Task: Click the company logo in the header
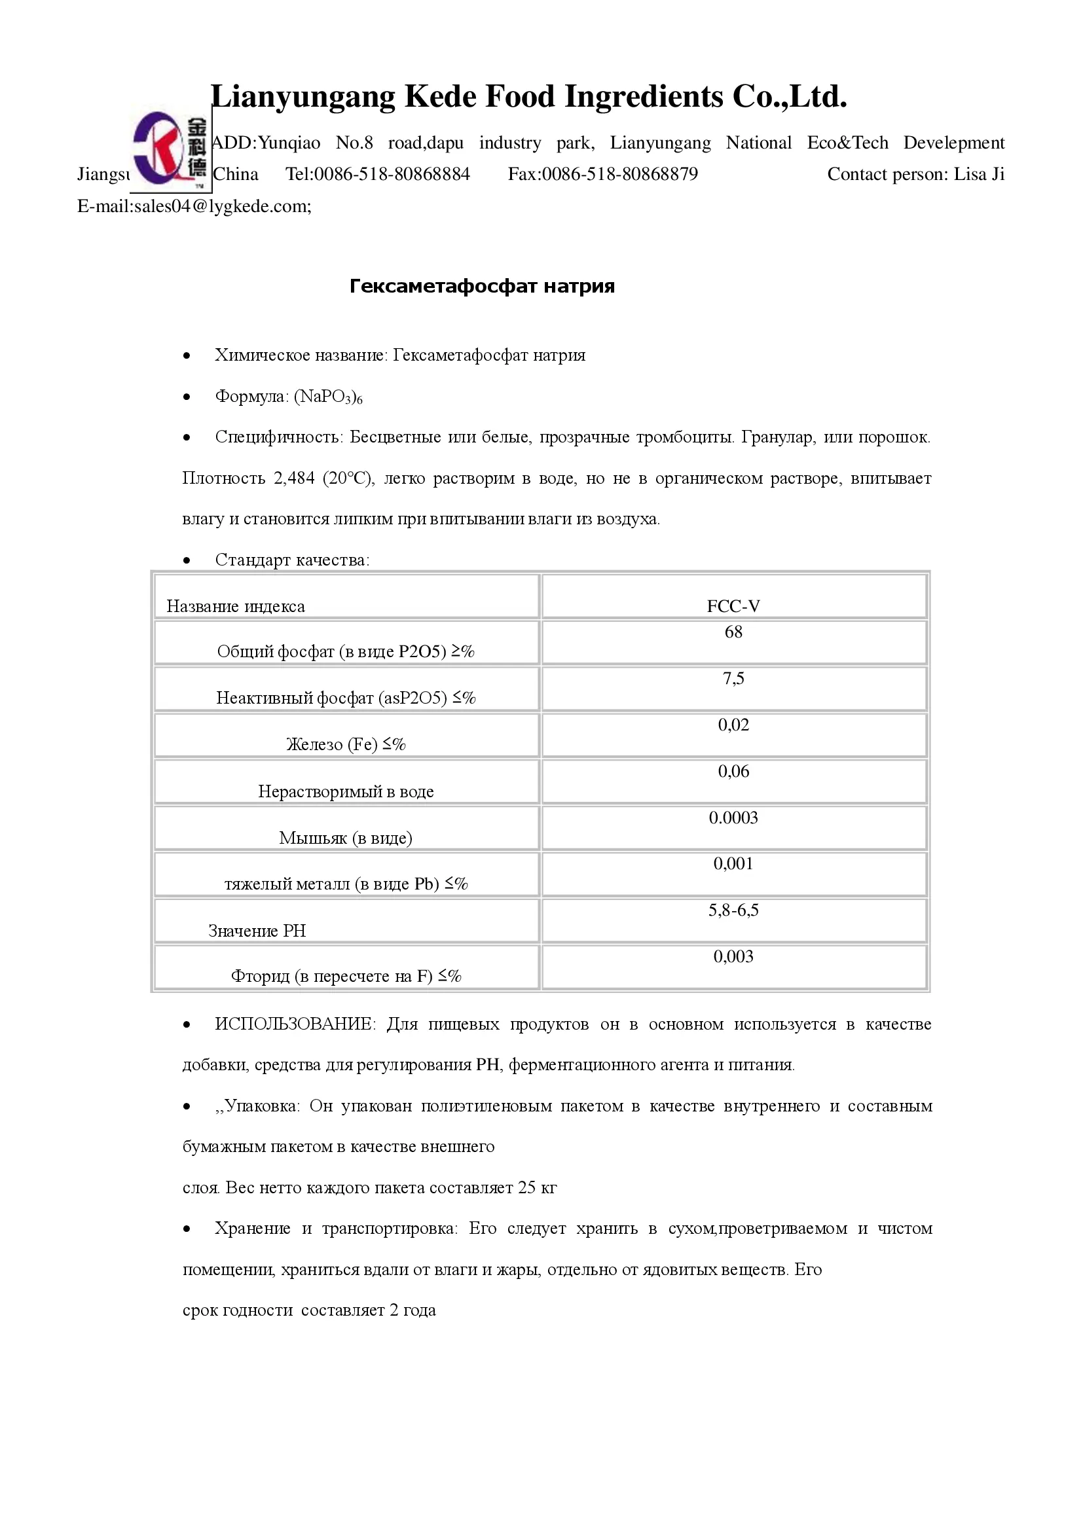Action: (170, 149)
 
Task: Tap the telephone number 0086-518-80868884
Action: (392, 174)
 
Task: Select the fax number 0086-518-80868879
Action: (619, 174)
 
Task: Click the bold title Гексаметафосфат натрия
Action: (481, 286)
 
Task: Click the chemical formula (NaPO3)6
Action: (328, 397)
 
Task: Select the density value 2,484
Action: (293, 478)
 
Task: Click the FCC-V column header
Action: (733, 606)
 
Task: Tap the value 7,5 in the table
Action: (733, 679)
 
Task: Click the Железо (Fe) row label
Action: (346, 744)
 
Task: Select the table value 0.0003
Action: (733, 818)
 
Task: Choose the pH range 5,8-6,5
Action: (733, 910)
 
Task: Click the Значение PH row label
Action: (257, 931)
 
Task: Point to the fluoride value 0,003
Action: (733, 957)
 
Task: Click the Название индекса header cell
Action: (236, 606)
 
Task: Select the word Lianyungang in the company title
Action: (303, 97)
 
